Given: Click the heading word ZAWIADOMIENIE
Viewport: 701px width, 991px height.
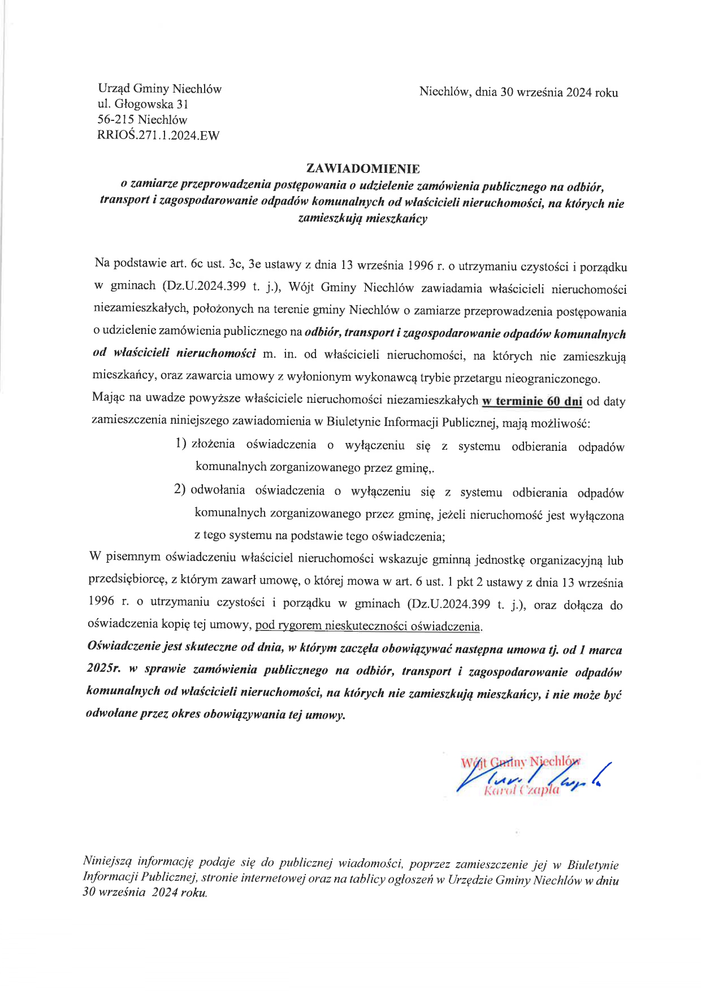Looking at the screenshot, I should click(362, 168).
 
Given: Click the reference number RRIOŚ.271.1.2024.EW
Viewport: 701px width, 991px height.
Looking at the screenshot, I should click(159, 135).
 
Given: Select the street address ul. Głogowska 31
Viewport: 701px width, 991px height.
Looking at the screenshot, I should click(143, 104).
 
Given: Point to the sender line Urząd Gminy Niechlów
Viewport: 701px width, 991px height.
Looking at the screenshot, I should click(159, 89).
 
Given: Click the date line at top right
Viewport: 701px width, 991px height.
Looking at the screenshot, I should click(518, 92).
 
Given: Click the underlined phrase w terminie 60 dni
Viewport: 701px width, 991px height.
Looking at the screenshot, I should click(531, 401).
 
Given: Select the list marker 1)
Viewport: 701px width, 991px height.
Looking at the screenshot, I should click(181, 444).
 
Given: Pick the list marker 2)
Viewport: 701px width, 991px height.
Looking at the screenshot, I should click(180, 489).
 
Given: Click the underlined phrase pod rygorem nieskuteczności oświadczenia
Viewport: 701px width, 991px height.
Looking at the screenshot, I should click(368, 625).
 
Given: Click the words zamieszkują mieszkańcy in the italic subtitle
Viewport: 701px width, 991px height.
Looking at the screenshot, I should click(362, 218).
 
